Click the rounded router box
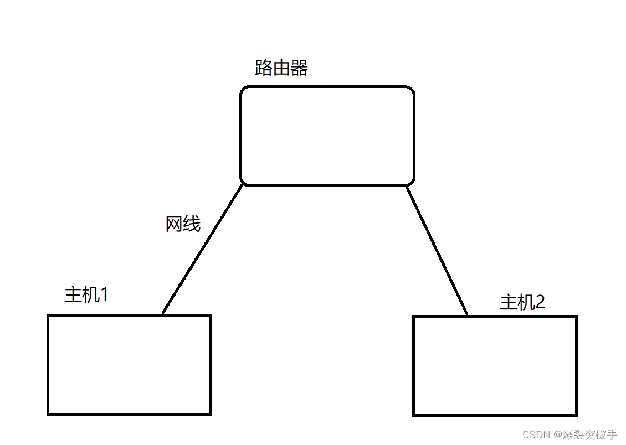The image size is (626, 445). click(327, 136)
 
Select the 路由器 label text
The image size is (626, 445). click(281, 68)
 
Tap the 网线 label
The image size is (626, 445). click(183, 224)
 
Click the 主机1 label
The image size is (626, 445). click(86, 294)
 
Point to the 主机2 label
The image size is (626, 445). click(522, 302)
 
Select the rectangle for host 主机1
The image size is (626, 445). click(129, 365)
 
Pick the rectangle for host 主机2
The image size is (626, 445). click(495, 366)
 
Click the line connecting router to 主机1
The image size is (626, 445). click(202, 249)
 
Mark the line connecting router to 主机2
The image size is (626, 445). click(437, 249)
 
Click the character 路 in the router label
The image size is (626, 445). click(263, 68)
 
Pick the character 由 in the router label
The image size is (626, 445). click(281, 68)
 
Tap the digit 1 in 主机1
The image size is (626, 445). click(104, 294)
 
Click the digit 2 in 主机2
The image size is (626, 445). click(540, 302)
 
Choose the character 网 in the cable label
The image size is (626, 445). click(174, 224)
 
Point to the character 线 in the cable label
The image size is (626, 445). click(192, 224)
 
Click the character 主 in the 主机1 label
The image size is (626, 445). click(73, 294)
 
